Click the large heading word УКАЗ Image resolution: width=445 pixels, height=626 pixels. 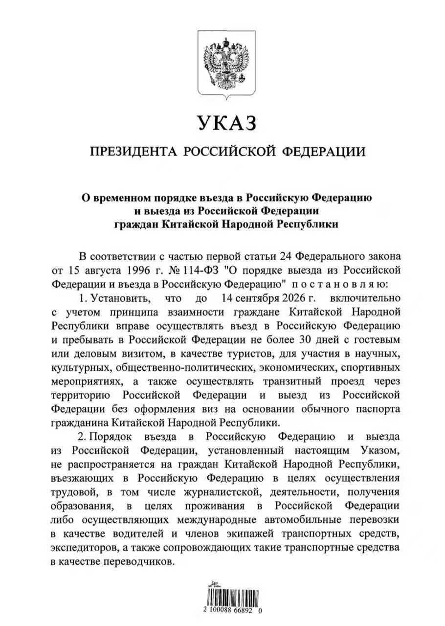click(x=227, y=123)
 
